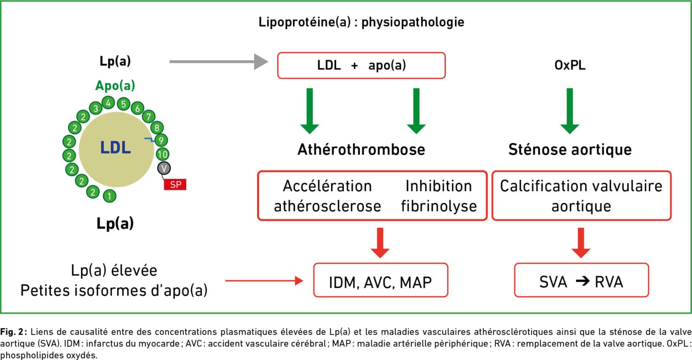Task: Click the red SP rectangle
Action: click(x=175, y=184)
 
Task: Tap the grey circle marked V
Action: click(x=164, y=168)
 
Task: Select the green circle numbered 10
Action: click(x=163, y=154)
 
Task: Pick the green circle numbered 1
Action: click(x=109, y=196)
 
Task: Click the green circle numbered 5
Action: click(x=123, y=104)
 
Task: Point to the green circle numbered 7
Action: click(x=149, y=117)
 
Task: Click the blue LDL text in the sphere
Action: click(x=115, y=148)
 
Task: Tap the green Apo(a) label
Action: click(x=115, y=86)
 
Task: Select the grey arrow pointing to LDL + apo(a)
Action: click(x=219, y=61)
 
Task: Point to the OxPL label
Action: click(x=570, y=65)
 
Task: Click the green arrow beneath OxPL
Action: click(x=570, y=111)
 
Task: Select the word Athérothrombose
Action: click(x=361, y=150)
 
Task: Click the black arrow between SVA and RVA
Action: click(x=583, y=281)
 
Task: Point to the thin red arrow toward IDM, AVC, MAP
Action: click(x=264, y=281)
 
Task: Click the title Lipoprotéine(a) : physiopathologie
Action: click(x=361, y=22)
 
